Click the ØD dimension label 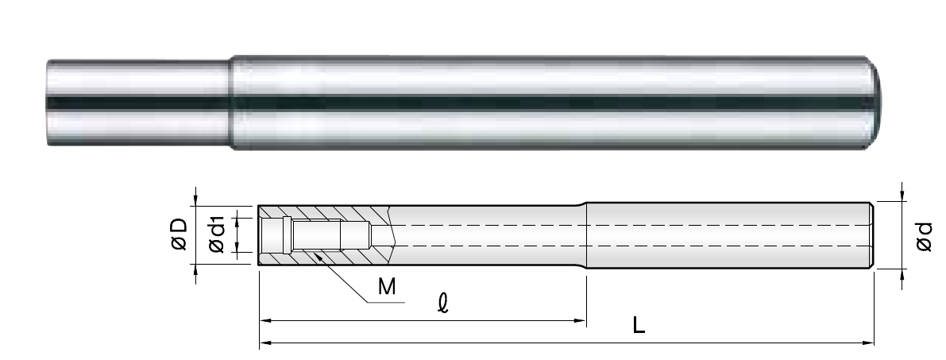pos(180,234)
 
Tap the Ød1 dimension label pos(216,234)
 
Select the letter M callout pos(387,286)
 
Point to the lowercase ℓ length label pos(443,304)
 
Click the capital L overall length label pos(639,326)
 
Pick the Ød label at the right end pos(924,236)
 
